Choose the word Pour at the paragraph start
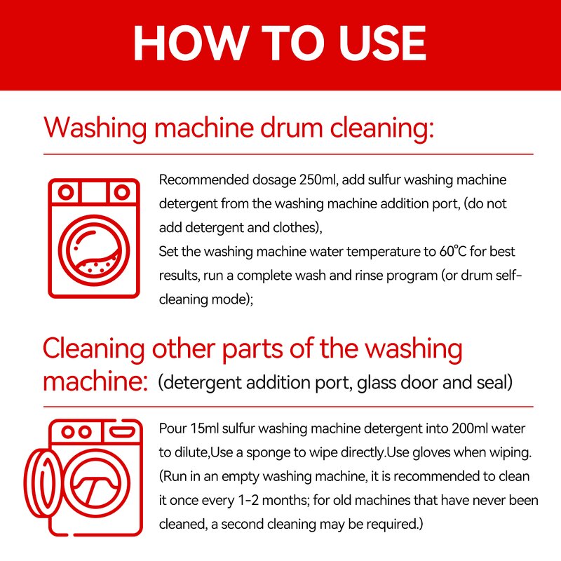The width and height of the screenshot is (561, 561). [173, 428]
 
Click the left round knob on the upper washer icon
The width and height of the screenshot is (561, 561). [66, 191]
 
